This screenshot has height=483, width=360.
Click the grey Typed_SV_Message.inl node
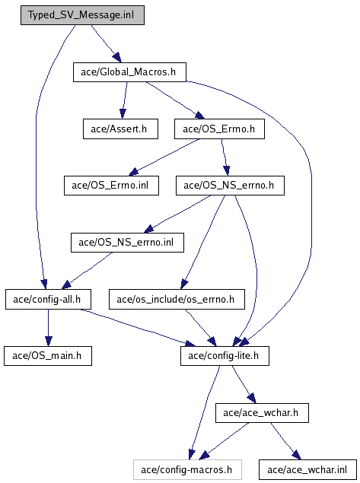[x=82, y=15]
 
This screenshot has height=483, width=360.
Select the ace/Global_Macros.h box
[x=129, y=72]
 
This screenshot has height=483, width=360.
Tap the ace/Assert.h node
[x=120, y=129]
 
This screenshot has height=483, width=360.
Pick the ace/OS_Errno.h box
[x=219, y=129]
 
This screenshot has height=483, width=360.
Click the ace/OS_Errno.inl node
[x=111, y=186]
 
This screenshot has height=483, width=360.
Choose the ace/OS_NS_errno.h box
[x=230, y=186]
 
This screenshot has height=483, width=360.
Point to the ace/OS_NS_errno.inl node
[x=127, y=243]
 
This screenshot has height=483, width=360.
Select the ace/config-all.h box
[x=48, y=299]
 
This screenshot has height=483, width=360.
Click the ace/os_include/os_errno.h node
[x=177, y=299]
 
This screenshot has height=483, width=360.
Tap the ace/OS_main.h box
[x=48, y=356]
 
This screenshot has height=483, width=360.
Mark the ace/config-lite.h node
[x=225, y=356]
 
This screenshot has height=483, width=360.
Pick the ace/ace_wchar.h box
[x=262, y=413]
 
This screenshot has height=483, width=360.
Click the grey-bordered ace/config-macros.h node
[x=187, y=470]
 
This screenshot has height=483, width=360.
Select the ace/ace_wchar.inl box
[x=307, y=470]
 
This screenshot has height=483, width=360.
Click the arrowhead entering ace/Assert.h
[x=123, y=113]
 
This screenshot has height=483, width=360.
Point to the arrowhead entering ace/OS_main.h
[x=49, y=341]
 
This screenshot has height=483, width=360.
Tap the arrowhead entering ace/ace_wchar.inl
[x=297, y=455]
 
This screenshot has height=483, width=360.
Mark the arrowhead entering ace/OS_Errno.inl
[x=134, y=172]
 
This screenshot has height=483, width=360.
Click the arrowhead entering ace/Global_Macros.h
[x=117, y=58]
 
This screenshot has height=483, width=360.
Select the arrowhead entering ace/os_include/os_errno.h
[x=184, y=284]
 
